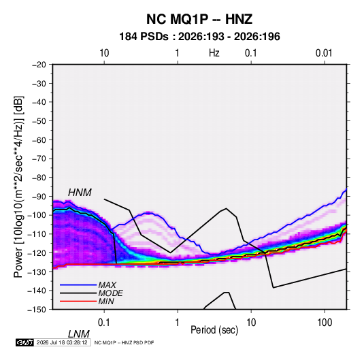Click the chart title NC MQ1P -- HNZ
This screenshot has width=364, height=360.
coord(199,19)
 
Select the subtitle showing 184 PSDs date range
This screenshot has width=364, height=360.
coord(199,37)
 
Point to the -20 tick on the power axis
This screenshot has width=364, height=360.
coord(39,65)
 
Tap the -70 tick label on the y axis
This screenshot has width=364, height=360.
coord(39,159)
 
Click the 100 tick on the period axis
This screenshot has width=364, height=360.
coord(325,323)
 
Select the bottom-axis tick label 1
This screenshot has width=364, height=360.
coord(178,323)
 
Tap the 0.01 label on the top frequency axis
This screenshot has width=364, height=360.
coord(324,53)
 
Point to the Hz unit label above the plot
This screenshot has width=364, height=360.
coord(214,53)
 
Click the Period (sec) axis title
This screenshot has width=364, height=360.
coord(214,330)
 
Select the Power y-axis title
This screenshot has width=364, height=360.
coord(18,187)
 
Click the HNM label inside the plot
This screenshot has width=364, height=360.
coord(80,193)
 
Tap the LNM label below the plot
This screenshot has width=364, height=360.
coord(79,334)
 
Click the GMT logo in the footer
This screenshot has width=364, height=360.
coord(25,342)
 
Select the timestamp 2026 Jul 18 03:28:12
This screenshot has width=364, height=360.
coord(62,342)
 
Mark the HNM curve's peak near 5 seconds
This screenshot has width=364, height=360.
coord(227,208)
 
